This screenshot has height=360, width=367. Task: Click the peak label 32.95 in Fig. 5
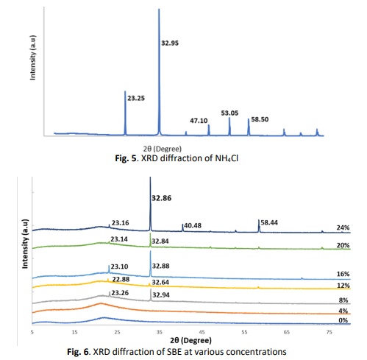(170, 43)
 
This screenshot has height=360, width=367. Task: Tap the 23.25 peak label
(136, 98)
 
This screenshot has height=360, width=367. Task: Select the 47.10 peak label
(199, 121)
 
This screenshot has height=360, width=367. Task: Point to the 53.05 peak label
(229, 113)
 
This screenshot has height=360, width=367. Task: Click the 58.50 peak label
(260, 119)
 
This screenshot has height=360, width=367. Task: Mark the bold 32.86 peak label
(162, 198)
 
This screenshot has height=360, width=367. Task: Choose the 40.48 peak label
(193, 225)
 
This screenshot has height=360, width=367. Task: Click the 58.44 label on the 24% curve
(269, 222)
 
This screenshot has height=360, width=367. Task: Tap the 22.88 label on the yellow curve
(121, 279)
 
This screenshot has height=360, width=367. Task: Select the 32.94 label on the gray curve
(161, 295)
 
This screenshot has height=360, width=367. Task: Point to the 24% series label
(343, 227)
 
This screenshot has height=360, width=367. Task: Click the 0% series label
(343, 320)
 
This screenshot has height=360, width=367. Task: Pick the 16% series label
(343, 274)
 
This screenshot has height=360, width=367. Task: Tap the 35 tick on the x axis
(160, 332)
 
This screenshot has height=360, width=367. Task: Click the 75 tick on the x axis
(329, 332)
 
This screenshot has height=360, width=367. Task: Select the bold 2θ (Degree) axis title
(190, 340)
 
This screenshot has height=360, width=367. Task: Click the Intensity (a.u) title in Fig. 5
(32, 57)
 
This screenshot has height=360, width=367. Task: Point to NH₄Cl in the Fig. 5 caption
(227, 158)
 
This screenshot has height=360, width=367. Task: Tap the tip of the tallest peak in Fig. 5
(159, 9)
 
